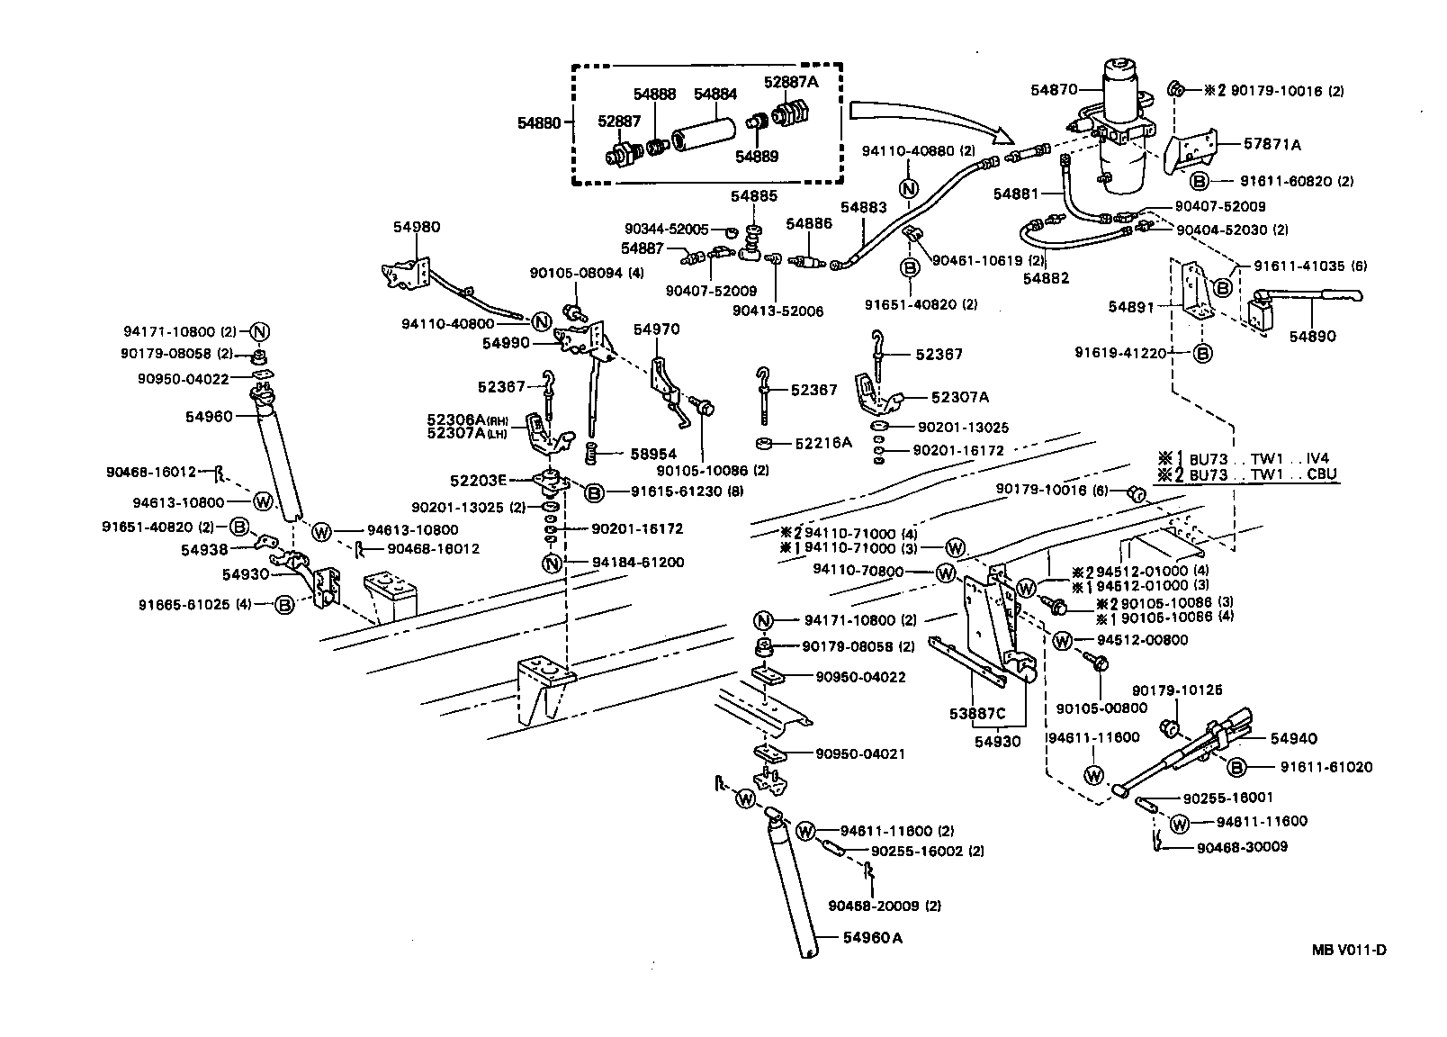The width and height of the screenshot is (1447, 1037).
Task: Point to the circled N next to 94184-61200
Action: point(552,564)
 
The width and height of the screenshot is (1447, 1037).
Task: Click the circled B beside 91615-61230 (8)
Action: point(594,491)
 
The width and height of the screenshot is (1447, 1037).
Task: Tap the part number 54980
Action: point(417,227)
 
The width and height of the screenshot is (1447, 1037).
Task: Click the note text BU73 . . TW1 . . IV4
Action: point(1259,457)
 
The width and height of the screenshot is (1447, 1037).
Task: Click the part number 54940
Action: point(1293,738)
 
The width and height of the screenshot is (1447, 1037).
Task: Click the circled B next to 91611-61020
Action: point(1236,767)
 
